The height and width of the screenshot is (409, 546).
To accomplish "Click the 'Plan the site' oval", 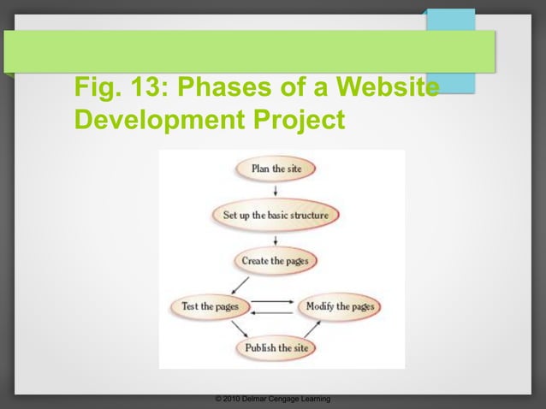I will pyautogui.click(x=276, y=169).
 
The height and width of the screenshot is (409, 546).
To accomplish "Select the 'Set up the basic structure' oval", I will pyautogui.click(x=276, y=215).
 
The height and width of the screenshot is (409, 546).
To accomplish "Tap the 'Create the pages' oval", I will pyautogui.click(x=276, y=260).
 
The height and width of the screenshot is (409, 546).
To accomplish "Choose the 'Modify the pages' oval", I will pyautogui.click(x=340, y=306).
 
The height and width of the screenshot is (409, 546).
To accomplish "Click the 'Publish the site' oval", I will pyautogui.click(x=276, y=348).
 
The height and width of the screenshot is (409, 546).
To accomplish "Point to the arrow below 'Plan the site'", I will pyautogui.click(x=276, y=191).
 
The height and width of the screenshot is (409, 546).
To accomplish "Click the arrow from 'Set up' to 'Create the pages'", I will pyautogui.click(x=276, y=238).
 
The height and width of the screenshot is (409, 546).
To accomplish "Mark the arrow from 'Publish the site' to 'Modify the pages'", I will pyautogui.click(x=313, y=329).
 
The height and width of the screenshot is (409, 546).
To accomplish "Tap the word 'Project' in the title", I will pyautogui.click(x=291, y=119).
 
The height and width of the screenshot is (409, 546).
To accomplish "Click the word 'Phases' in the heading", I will pyautogui.click(x=225, y=87).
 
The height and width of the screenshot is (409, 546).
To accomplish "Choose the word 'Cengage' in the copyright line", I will pyautogui.click(x=281, y=400).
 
